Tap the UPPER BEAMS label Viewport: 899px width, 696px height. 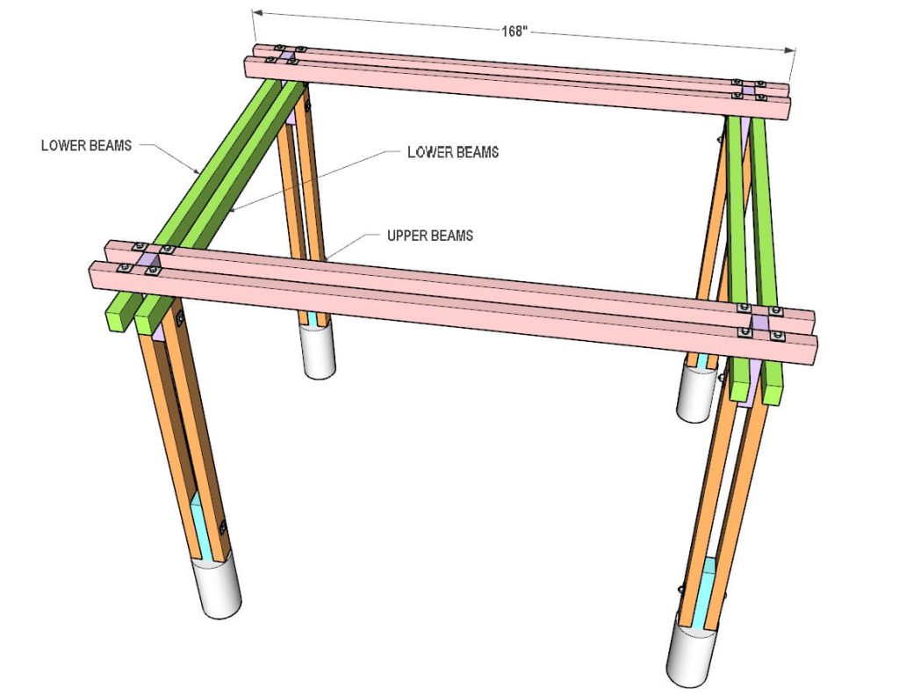point(430,236)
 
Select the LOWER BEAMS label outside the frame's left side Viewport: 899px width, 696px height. point(86,145)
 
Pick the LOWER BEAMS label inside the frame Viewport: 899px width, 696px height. point(453,152)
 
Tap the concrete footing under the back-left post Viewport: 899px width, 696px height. point(319,351)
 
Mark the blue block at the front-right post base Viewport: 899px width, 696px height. point(706,593)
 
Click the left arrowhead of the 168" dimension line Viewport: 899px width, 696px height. point(257,12)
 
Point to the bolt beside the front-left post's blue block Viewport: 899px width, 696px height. point(223,527)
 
